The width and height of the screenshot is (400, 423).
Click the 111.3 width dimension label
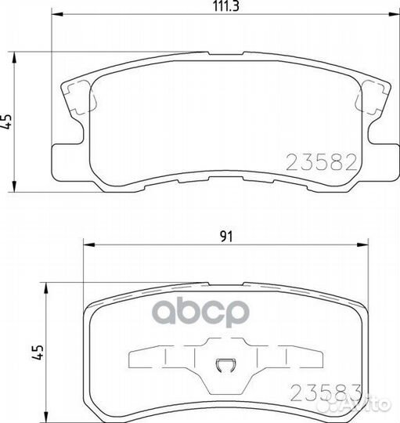(x=226, y=6)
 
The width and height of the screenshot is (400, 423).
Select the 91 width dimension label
(x=226, y=237)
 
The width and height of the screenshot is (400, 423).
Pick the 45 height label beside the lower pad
(x=38, y=352)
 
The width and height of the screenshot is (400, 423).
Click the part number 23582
(x=321, y=162)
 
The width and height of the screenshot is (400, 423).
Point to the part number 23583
(x=326, y=392)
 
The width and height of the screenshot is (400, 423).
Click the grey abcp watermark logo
(x=201, y=312)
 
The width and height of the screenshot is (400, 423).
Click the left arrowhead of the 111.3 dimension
(x=57, y=14)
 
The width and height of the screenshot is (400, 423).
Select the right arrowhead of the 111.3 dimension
(x=393, y=14)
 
